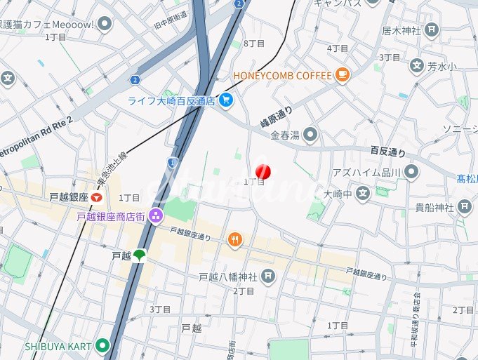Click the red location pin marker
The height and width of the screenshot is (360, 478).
click(x=263, y=171)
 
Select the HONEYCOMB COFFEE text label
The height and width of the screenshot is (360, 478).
click(x=281, y=75)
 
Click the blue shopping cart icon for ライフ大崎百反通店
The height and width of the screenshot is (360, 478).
click(x=225, y=100)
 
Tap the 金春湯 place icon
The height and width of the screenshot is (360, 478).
click(x=310, y=133)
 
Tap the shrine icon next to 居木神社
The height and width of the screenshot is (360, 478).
click(x=432, y=30)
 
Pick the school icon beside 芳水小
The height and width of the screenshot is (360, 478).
click(x=416, y=67)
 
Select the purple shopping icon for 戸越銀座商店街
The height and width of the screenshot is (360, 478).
click(x=155, y=216)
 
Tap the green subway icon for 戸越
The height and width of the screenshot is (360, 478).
click(x=140, y=256)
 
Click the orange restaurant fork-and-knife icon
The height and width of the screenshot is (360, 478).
click(x=235, y=241)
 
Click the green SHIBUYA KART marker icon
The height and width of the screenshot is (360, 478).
click(x=103, y=345)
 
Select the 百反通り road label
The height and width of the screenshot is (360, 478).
click(x=388, y=150)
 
